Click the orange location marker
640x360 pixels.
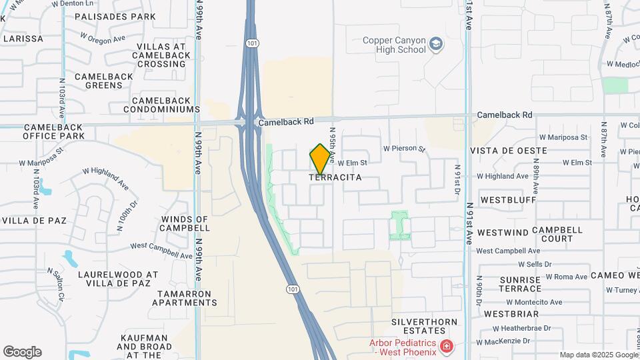[321, 159]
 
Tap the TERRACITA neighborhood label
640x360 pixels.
[335, 177]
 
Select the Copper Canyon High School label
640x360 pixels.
[394, 45]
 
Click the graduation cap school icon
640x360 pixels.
[436, 44]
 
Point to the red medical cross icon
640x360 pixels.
[445, 347]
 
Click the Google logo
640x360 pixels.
[22, 352]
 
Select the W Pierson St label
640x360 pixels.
[404, 149]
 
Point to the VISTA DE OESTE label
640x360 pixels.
[509, 151]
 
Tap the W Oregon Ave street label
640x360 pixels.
[103, 39]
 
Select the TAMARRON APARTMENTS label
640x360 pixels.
[185, 298]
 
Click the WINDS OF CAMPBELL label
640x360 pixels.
[185, 223]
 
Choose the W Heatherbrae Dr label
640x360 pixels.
[521, 328]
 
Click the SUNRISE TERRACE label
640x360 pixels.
[520, 284]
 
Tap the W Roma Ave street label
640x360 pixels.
[567, 277]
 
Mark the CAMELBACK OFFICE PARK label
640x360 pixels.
[53, 131]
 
